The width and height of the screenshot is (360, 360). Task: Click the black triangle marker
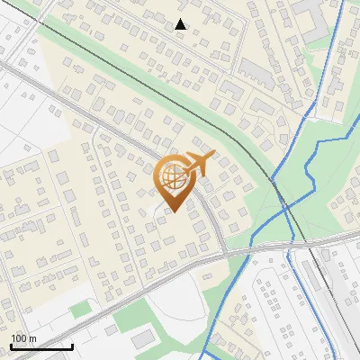pyautogui.click(x=181, y=24)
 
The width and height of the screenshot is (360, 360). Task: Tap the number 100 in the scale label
pyautogui.click(x=20, y=338)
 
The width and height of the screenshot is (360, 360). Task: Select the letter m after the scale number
pyautogui.click(x=32, y=338)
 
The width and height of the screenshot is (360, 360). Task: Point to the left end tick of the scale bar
pyautogui.click(x=10, y=346)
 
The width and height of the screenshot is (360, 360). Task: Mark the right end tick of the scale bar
pyautogui.click(x=72, y=346)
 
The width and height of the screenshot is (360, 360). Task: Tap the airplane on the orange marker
pyautogui.click(x=198, y=164)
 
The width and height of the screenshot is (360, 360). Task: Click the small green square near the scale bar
pyautogui.click(x=81, y=310)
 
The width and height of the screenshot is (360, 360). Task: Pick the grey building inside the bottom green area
pyautogui.click(x=143, y=337)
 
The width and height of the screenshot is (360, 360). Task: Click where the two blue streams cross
pyautogui.click(x=286, y=208)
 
